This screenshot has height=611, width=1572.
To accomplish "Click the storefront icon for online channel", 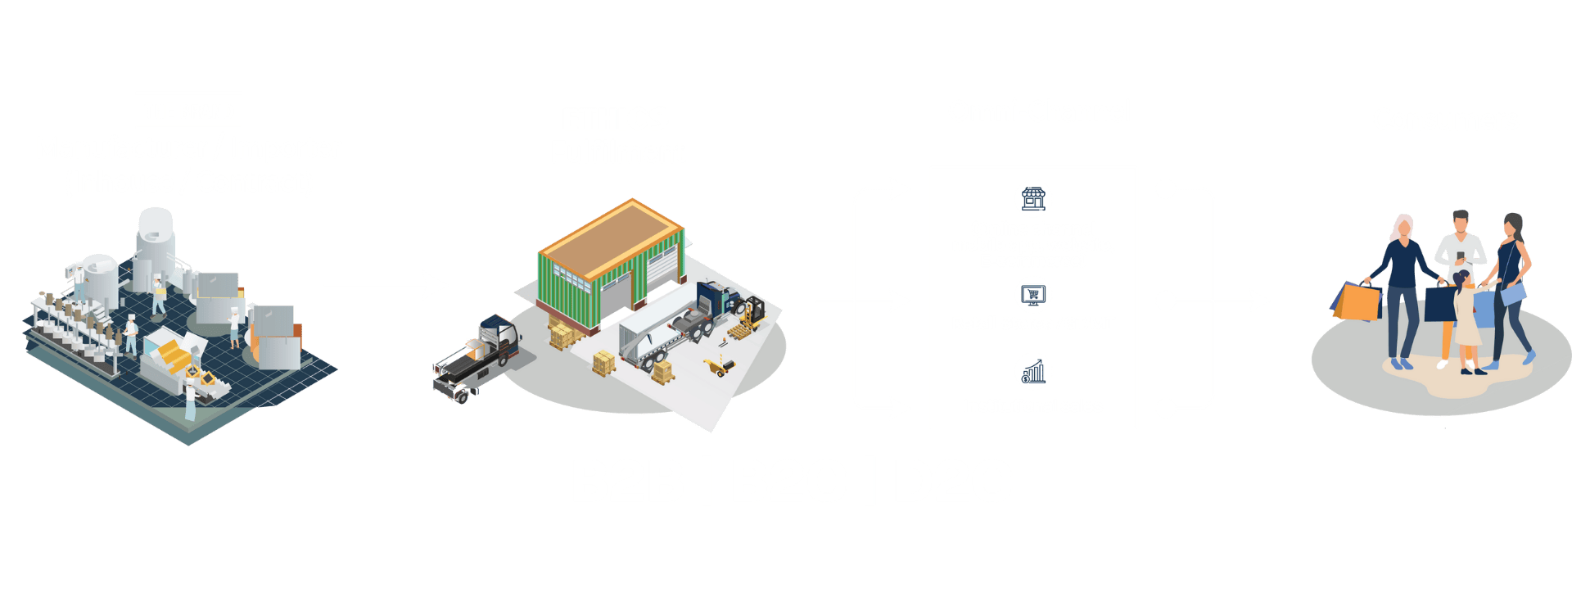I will point(1033,198).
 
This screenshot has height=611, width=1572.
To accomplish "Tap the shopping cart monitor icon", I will point(1033,295).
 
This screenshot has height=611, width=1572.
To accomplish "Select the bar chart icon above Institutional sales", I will point(1033,372).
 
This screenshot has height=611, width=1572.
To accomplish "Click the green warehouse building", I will point(610,262).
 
